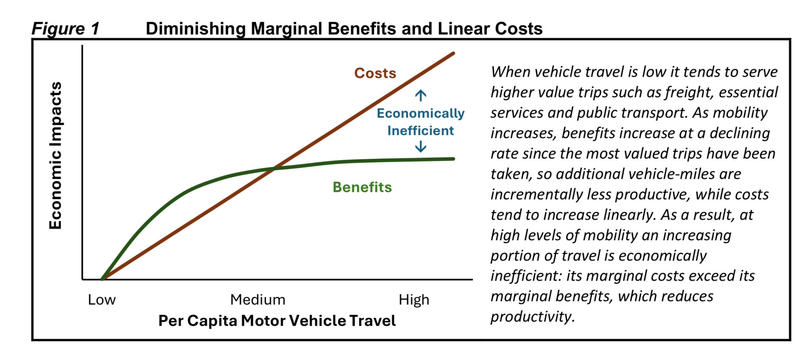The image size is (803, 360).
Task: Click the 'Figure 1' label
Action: pyautogui.click(x=65, y=29)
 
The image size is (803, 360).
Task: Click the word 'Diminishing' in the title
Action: pyautogui.click(x=195, y=29)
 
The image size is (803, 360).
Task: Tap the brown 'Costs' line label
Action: pyautogui.click(x=375, y=73)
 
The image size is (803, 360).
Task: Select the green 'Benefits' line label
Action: pyautogui.click(x=362, y=187)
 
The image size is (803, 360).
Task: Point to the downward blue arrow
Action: pyautogui.click(x=421, y=146)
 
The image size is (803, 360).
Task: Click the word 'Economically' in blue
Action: pyautogui.click(x=421, y=113)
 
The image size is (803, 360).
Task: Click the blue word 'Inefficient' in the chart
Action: pyautogui.click(x=421, y=131)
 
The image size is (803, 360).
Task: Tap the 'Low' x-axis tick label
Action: pyautogui.click(x=102, y=300)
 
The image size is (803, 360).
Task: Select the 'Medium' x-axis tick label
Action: pyautogui.click(x=258, y=300)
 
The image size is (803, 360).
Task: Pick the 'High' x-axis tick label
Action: pyautogui.click(x=414, y=300)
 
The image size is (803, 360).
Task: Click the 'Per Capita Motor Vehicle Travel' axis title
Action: pyautogui.click(x=277, y=321)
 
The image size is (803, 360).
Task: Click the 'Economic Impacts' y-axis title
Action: pyautogui.click(x=56, y=155)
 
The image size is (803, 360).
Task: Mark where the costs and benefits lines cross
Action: pyautogui.click(x=274, y=169)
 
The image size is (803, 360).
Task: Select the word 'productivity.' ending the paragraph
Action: pyautogui.click(x=533, y=317)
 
